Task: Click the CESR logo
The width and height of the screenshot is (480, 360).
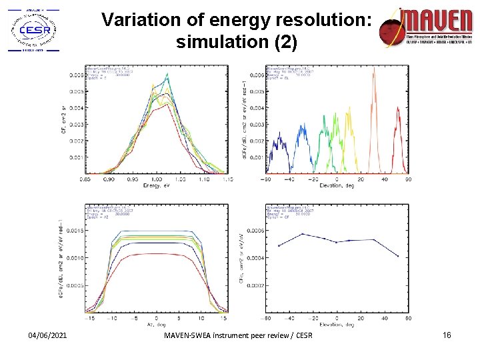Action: tap(32, 29)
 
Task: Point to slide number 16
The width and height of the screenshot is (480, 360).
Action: tap(447, 335)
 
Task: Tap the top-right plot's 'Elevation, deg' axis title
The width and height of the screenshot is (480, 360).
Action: tap(337, 186)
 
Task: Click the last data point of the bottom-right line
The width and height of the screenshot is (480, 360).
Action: tap(397, 256)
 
